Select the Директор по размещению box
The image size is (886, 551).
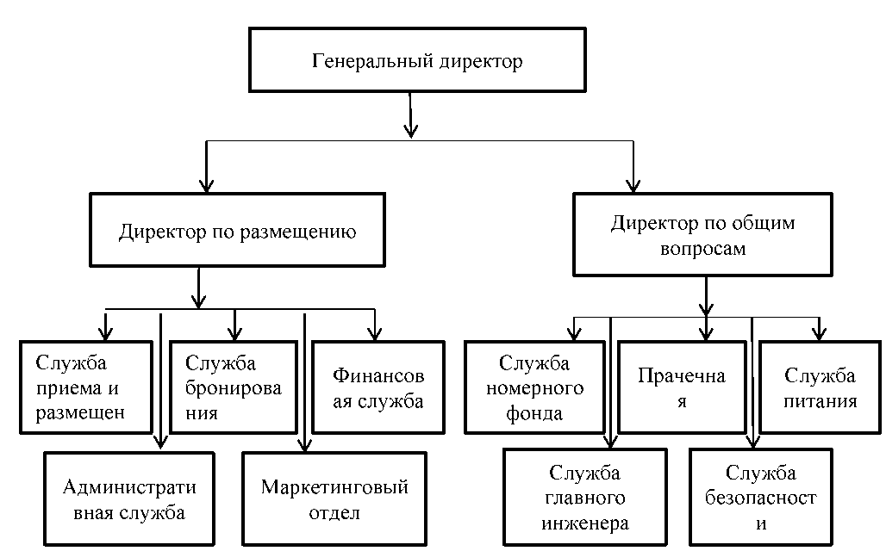pyautogui.click(x=237, y=231)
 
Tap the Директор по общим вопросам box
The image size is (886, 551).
pyautogui.click(x=702, y=235)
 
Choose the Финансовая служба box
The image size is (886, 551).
pyautogui.click(x=377, y=387)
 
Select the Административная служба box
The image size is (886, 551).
pyautogui.click(x=129, y=498)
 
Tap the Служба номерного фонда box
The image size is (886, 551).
pyautogui.click(x=534, y=387)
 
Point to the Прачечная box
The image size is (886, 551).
pyautogui.click(x=681, y=387)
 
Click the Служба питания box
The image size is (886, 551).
pyautogui.click(x=820, y=387)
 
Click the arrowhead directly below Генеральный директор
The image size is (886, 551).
pyautogui.click(x=411, y=129)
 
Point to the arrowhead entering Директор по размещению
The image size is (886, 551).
pyautogui.click(x=205, y=184)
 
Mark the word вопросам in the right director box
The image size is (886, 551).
pyautogui.click(x=703, y=247)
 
